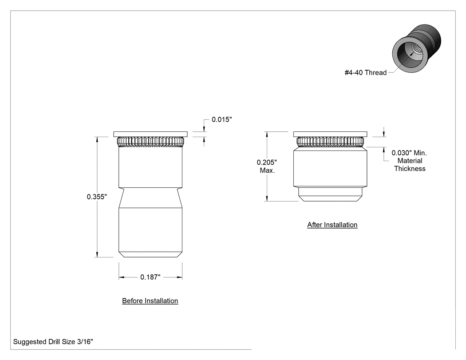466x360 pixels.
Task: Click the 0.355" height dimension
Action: [97, 197]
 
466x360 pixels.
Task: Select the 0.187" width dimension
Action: [150, 277]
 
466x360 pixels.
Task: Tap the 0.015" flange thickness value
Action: [222, 119]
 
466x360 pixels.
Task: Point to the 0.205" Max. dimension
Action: [267, 166]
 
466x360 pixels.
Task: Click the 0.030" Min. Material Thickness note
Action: [409, 161]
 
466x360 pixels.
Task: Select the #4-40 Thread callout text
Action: [366, 72]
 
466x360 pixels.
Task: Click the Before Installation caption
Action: [150, 301]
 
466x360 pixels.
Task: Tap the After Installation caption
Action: [332, 225]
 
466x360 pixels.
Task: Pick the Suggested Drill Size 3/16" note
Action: [53, 341]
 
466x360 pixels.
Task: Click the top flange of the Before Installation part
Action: [150, 134]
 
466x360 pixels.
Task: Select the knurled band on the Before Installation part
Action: [150, 142]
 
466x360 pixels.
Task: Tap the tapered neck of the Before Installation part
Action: [150, 198]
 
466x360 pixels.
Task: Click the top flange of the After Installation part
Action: [330, 134]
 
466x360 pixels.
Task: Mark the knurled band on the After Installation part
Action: [330, 142]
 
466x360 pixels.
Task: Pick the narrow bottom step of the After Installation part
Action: [330, 194]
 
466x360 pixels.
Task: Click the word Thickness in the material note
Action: [410, 169]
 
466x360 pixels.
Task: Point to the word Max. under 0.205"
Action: [267, 170]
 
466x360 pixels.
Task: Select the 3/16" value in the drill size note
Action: [85, 341]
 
